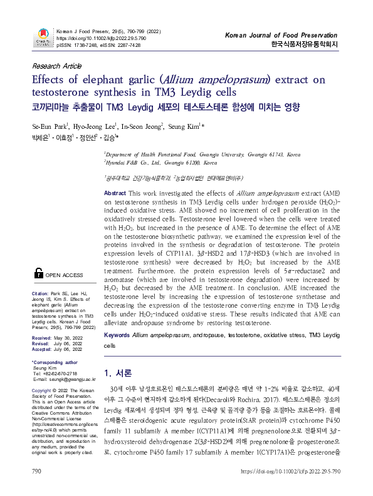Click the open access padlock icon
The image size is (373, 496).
(39, 273)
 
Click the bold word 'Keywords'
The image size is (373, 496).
(117, 336)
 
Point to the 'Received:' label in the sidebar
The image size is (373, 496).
(43, 337)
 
